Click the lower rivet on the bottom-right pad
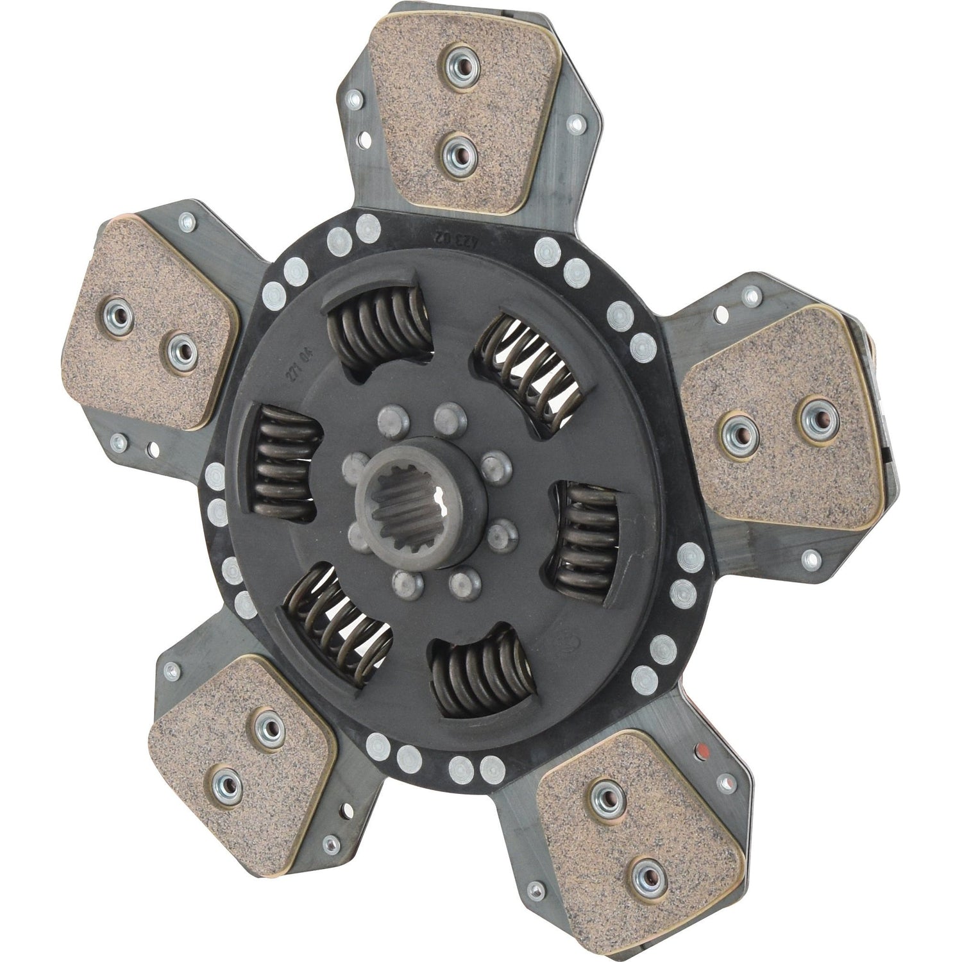tap(643, 872)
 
